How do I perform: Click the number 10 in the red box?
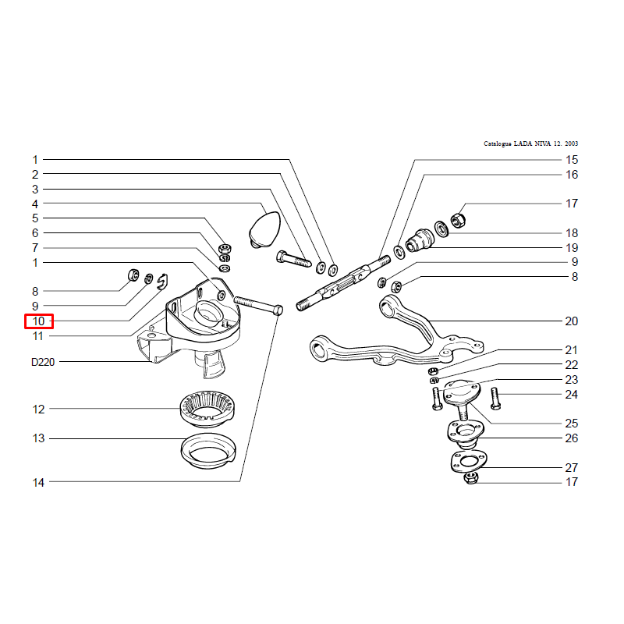click(x=38, y=321)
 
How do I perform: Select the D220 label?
click(x=43, y=362)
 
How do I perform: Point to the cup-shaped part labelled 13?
click(x=208, y=452)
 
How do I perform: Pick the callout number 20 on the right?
click(x=572, y=321)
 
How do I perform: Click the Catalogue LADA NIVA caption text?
click(x=531, y=144)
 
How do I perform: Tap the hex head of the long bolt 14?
click(x=278, y=310)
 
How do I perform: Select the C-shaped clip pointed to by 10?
click(x=162, y=282)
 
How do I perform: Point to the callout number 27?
click(x=572, y=467)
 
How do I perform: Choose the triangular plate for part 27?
click(x=470, y=463)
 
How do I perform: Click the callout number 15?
click(x=572, y=160)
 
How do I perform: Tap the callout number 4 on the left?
click(x=35, y=204)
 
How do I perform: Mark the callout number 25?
click(x=572, y=424)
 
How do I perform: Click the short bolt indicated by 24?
click(x=495, y=399)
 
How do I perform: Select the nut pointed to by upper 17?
click(x=458, y=220)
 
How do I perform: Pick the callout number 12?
click(x=38, y=409)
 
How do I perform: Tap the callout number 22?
click(x=572, y=365)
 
